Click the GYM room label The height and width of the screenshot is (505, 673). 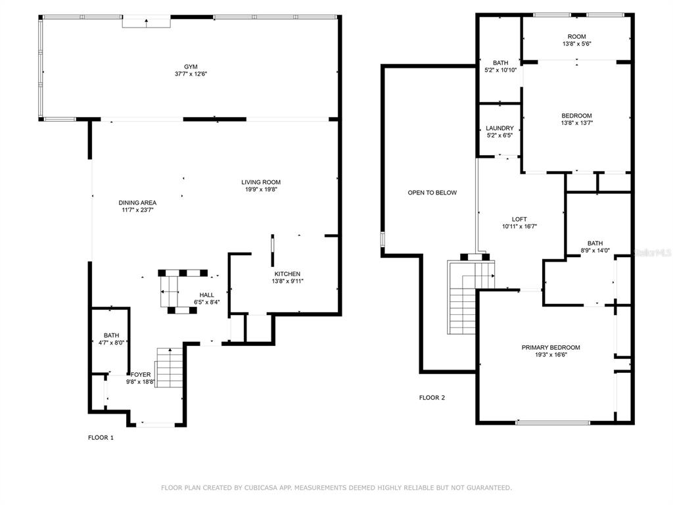pos(191,67)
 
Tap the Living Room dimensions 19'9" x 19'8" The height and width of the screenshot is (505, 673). pos(261,189)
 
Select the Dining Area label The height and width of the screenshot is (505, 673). pos(137,203)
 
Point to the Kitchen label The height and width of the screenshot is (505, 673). pos(288,274)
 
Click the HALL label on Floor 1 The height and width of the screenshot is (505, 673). pos(207,295)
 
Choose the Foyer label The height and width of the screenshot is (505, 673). pos(141,374)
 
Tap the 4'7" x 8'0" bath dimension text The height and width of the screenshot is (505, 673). pos(111,343)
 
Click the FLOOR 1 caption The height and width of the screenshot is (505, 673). pos(101,437)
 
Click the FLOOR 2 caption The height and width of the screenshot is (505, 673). pos(432,398)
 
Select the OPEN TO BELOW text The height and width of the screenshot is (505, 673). pos(432,193)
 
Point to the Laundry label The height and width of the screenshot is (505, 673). pos(499,128)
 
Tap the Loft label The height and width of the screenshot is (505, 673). pos(519,219)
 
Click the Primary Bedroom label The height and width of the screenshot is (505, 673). pos(551,347)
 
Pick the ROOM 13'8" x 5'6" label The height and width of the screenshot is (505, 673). pos(577,40)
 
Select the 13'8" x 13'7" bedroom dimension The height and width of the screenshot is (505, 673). pos(577,123)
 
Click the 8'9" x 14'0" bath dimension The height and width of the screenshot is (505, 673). pos(595,251)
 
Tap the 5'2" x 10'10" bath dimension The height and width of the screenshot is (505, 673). pos(500,70)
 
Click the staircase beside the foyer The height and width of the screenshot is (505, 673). pos(169,368)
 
